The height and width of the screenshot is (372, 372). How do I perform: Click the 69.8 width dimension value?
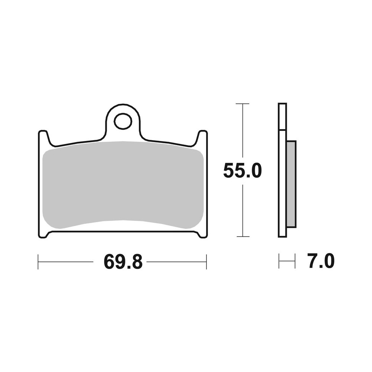(x=123, y=262)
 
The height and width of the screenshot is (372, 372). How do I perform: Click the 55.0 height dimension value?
(x=243, y=171)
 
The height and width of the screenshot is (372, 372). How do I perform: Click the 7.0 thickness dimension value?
(x=321, y=261)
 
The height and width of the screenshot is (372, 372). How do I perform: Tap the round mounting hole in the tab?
(x=123, y=121)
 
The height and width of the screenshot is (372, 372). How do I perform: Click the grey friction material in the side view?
(x=291, y=184)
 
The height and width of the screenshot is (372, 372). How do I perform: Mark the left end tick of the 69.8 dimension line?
(x=38, y=262)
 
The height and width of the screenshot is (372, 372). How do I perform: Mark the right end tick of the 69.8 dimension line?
(x=206, y=262)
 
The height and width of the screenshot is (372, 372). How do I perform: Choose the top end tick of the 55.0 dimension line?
(x=243, y=104)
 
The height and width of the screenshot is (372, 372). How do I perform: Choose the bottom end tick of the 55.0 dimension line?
(x=243, y=236)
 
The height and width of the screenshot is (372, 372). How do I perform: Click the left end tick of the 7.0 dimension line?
(x=279, y=261)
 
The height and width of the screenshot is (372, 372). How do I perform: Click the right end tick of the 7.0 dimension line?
(x=295, y=261)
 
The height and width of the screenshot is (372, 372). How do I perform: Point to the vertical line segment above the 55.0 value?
(x=243, y=130)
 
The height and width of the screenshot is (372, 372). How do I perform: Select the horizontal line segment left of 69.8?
(x=65, y=262)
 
